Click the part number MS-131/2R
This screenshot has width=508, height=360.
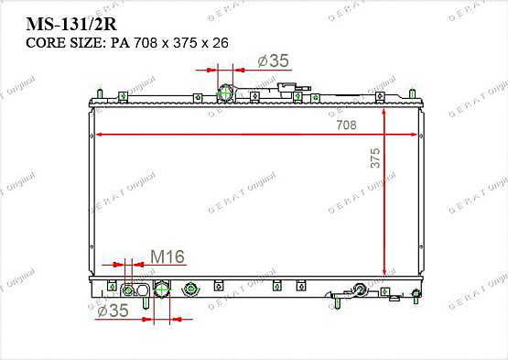pos(71,24)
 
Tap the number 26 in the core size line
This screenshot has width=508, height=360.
pos(221,43)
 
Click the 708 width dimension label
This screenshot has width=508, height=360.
pos(346,125)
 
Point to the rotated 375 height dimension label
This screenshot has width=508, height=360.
pos(375,158)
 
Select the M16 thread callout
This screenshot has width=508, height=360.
pos(168,256)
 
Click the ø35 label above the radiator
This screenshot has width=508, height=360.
pos(273,60)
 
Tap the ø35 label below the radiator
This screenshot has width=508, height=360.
pos(113,311)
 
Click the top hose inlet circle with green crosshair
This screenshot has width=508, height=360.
pos(225,93)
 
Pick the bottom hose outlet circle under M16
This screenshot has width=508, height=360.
pos(162,289)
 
